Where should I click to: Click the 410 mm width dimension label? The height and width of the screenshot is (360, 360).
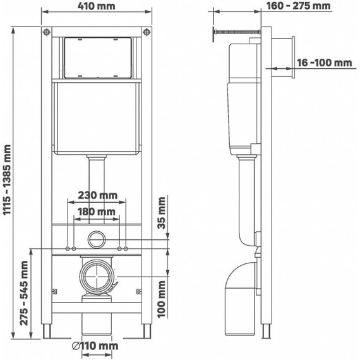97,7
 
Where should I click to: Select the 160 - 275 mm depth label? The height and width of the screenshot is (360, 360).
299,6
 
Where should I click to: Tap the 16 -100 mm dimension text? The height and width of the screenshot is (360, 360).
325,63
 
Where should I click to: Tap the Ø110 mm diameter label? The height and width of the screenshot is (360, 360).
95,346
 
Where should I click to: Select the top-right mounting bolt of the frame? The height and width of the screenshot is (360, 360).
147,32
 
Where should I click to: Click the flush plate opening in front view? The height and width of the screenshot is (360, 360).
97,59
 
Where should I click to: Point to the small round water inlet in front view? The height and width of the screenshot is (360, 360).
97,239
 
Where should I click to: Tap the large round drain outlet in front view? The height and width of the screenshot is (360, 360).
96,277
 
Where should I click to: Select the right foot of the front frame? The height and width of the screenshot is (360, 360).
147,331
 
